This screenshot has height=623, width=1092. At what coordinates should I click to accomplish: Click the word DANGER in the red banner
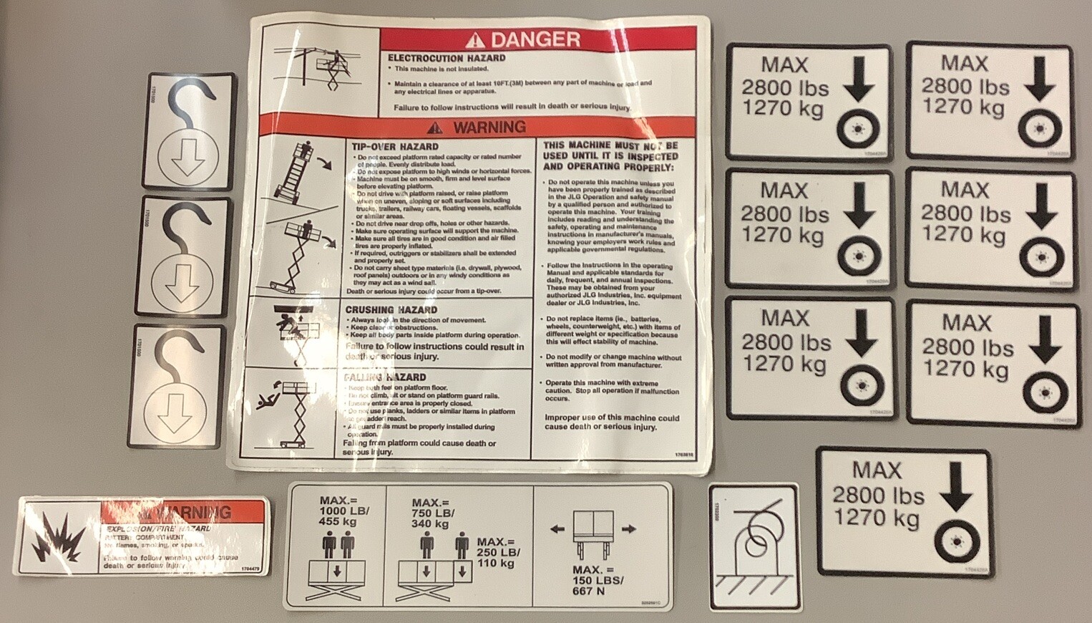point(535,39)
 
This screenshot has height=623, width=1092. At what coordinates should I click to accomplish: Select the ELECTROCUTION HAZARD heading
point(447,58)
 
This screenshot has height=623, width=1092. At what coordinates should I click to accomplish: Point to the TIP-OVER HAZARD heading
point(395,146)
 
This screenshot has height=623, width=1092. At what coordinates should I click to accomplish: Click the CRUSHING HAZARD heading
point(391,310)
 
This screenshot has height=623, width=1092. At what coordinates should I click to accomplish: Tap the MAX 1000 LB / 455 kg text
point(339,511)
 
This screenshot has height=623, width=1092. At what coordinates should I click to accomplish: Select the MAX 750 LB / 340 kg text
point(432,513)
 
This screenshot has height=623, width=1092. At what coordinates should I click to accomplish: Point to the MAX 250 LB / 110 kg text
point(499,552)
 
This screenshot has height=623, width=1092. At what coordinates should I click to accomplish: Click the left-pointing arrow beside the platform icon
point(557,529)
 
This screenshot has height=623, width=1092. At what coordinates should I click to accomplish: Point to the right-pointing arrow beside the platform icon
point(628,529)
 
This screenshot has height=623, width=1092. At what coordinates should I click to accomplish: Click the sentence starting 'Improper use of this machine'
point(612,422)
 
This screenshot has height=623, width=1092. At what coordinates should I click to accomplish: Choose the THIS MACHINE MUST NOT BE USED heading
point(610,155)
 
